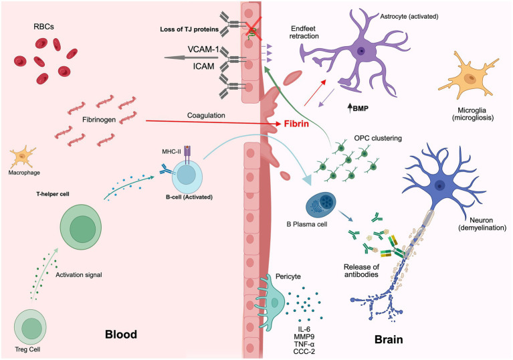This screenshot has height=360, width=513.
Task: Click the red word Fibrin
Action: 296,124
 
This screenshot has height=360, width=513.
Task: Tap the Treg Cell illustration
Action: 30,327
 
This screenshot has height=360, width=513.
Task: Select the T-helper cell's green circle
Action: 81,227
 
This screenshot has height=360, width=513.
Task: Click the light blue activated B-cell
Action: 187,176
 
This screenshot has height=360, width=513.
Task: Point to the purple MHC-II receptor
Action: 187,154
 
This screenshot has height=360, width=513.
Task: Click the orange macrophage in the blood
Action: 23,157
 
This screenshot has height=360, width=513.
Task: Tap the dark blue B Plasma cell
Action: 320,206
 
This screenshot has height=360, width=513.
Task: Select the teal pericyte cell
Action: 272,302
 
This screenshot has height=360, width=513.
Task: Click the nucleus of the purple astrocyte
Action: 361,51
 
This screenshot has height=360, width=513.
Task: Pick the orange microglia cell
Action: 468,78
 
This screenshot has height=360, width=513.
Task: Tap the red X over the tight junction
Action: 253,28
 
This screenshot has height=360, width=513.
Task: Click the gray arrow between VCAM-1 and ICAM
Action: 192,58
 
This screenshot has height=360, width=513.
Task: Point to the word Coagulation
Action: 206,116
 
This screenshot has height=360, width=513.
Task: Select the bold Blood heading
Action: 121,335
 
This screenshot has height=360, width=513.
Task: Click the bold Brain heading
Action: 389,339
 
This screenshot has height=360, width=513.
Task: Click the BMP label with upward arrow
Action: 358,108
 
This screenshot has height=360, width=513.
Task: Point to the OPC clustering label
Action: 378,138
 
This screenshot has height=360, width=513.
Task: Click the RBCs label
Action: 44,27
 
